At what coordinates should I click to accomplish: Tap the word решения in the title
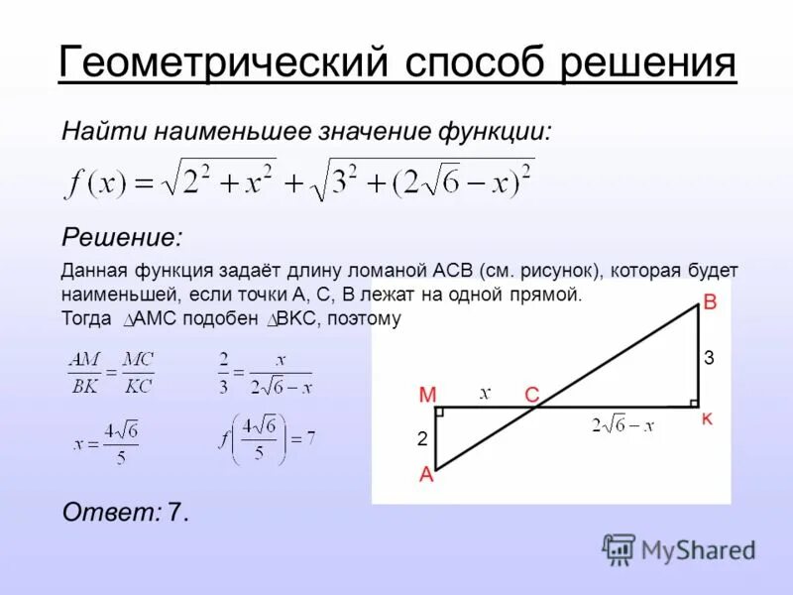coord(648,63)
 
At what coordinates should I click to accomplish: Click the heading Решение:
coord(122,237)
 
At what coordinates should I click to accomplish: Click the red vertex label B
coord(709,303)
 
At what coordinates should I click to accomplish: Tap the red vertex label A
coord(426,474)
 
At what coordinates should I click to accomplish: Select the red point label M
coord(427,395)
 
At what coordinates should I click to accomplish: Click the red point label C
coord(531,395)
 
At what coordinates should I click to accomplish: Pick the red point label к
coord(707,419)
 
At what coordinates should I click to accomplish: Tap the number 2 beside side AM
coord(421,437)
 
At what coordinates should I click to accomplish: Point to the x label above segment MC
coord(485,393)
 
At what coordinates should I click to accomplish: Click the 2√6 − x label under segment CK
coord(623,425)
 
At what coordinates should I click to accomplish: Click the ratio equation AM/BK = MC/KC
coord(111,373)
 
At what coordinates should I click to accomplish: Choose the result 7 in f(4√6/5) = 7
coord(310,437)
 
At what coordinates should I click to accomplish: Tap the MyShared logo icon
coord(620,548)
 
